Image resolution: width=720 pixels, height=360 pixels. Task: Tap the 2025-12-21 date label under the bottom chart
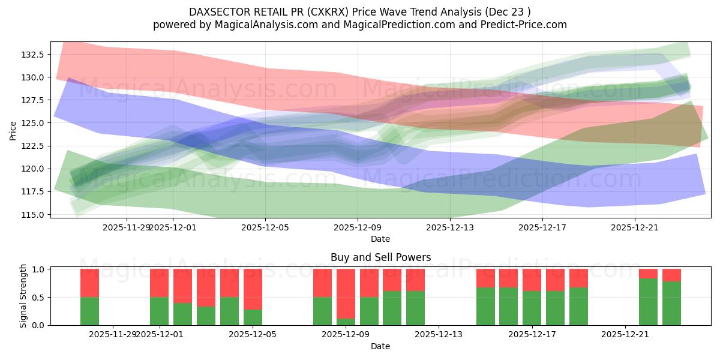(x=626, y=334)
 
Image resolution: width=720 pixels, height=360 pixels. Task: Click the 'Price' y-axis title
(x=13, y=130)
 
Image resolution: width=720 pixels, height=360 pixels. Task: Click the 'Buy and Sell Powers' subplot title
(x=380, y=257)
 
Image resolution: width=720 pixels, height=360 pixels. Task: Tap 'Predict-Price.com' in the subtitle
(x=521, y=25)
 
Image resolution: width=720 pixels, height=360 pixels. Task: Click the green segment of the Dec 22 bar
(x=648, y=302)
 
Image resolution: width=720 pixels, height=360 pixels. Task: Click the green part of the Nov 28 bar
(x=89, y=311)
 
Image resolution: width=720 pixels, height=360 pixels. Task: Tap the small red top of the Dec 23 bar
(x=671, y=275)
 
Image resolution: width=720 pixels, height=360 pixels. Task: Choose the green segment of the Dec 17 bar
(x=532, y=308)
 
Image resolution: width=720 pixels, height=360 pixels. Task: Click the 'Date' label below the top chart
(x=380, y=239)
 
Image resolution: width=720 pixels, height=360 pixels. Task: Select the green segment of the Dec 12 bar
(x=415, y=308)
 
